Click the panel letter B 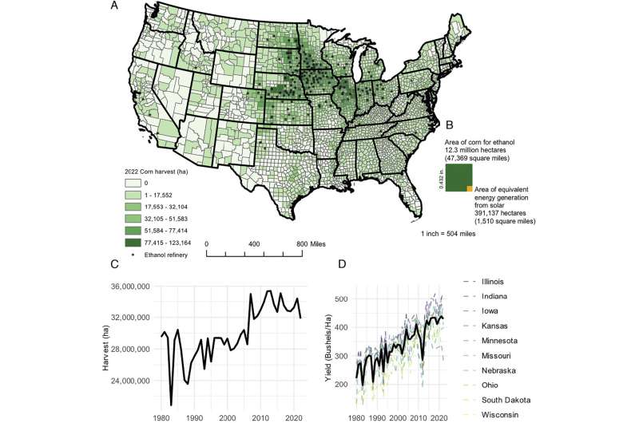(449, 125)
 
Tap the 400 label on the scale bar (254, 243)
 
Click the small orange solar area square (469, 188)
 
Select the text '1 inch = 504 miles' (458, 235)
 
